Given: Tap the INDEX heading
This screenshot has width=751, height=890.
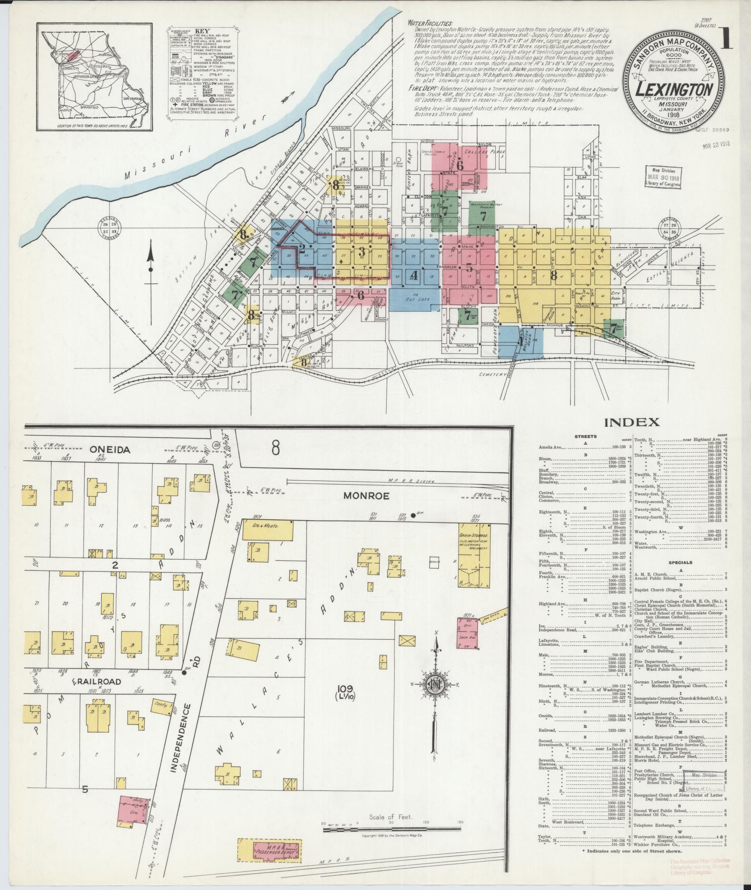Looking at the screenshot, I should [x=631, y=422].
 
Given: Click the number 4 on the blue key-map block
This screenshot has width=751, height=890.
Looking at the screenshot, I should [x=414, y=275].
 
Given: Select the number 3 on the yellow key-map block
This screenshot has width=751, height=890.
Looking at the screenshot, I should [x=361, y=252].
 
